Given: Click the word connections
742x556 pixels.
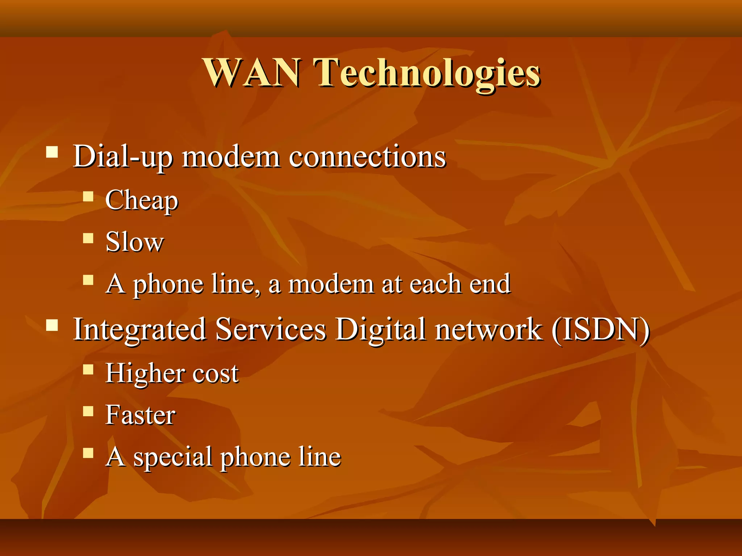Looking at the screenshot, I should pyautogui.click(x=367, y=157).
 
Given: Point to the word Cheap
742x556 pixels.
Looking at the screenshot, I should pyautogui.click(x=142, y=200).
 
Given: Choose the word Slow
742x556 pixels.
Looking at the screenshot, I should pyautogui.click(x=134, y=242).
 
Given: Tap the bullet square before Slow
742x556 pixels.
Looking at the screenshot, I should pyautogui.click(x=88, y=238).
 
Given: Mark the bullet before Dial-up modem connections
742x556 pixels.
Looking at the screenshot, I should pyautogui.click(x=52, y=152).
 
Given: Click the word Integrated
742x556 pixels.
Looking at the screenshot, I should pyautogui.click(x=140, y=329).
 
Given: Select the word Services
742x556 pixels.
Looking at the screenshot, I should pyautogui.click(x=271, y=329).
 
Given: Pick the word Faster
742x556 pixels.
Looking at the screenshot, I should pyautogui.click(x=141, y=415).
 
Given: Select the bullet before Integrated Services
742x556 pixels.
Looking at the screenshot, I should pyautogui.click(x=52, y=325).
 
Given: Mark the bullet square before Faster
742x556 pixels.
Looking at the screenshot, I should pyautogui.click(x=88, y=411).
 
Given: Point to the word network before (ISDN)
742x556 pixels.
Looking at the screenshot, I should pyautogui.click(x=489, y=329).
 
